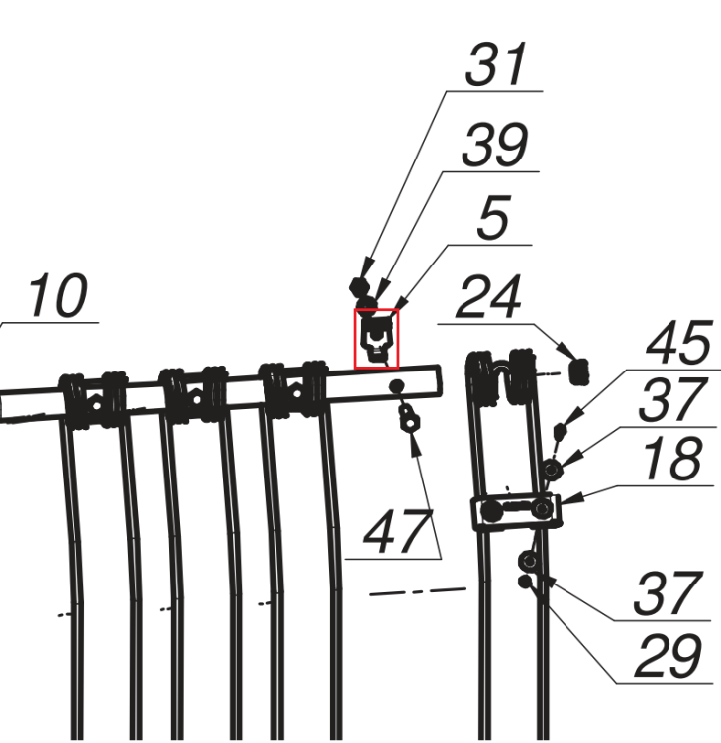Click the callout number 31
(496, 64)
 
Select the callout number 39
(494, 145)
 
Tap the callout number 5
(493, 218)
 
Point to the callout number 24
(488, 297)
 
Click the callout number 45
(678, 342)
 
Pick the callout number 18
(671, 459)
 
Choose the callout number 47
(399, 532)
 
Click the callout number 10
(57, 295)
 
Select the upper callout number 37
(670, 400)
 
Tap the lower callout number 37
(668, 593)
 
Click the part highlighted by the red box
(376, 339)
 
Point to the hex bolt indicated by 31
(360, 286)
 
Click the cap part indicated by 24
(578, 371)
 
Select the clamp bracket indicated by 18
(517, 511)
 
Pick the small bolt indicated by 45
(561, 430)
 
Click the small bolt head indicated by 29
(525, 582)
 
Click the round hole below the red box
(397, 386)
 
